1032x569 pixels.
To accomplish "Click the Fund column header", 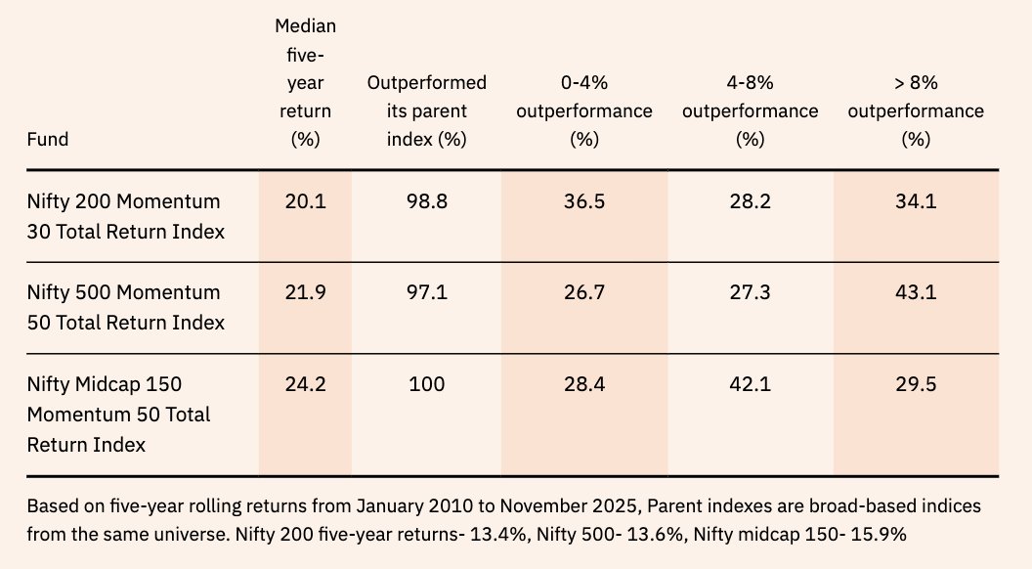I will pos(48,139).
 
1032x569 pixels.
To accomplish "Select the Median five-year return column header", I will pos(305,82).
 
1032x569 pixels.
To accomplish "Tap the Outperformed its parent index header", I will pos(426,110).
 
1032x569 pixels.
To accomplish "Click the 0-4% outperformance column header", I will pos(583,110).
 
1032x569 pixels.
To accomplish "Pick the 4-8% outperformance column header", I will pos(750,110).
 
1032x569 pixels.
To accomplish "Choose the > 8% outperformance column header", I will pos(916,110).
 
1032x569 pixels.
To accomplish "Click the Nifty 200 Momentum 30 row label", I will pos(125,216).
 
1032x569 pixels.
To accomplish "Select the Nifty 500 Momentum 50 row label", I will pos(125,307).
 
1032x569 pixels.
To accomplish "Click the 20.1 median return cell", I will pos(305,201).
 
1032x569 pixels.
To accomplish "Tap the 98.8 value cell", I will pos(426,201).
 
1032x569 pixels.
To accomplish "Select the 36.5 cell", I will pos(583,201).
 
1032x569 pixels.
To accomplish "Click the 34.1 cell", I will pos(916,201).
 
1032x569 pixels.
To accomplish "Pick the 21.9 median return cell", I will pos(305,292).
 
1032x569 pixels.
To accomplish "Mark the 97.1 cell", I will pos(426,292).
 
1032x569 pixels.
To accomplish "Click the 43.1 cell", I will pos(916,292).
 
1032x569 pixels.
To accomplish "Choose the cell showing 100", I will pos(426,384).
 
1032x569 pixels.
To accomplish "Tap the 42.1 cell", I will pos(750,384).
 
